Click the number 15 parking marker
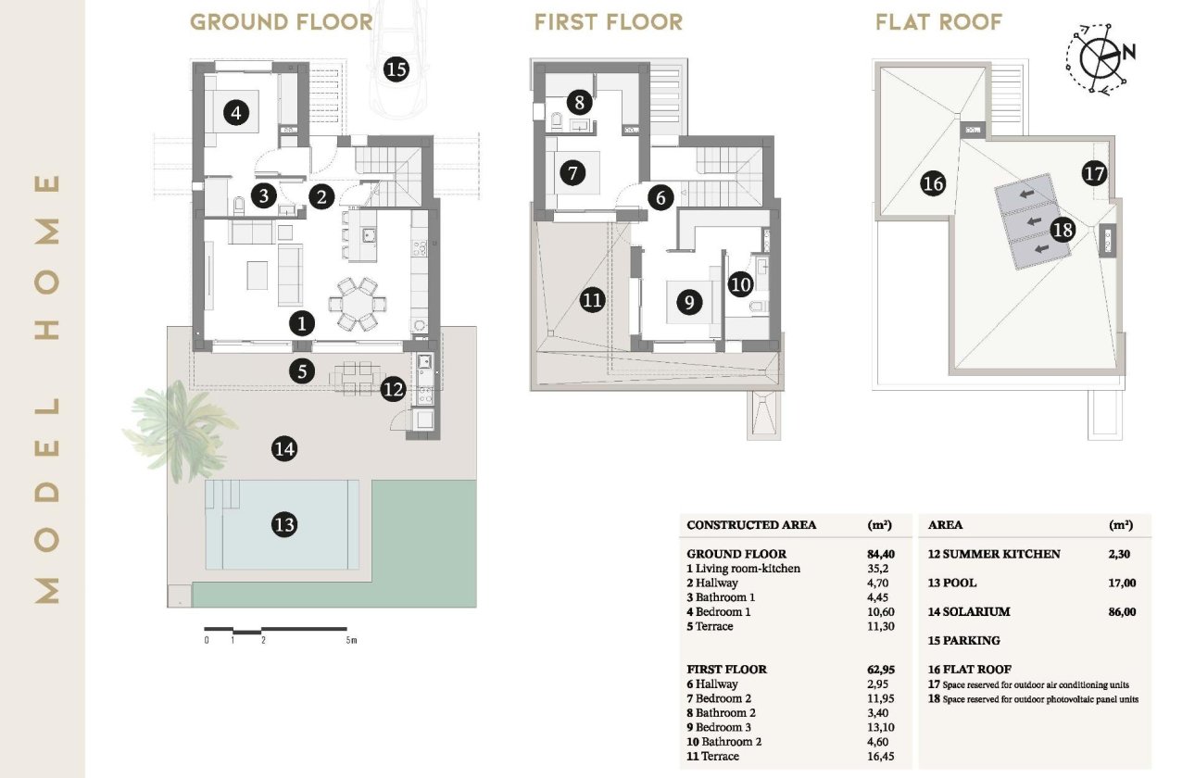(x=396, y=69)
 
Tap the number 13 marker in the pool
(x=285, y=525)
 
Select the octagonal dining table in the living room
(x=356, y=302)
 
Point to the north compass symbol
(x=1101, y=57)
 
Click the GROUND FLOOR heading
(x=282, y=22)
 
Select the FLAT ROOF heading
(x=938, y=22)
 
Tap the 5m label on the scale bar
(x=350, y=641)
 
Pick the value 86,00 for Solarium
(x=1121, y=612)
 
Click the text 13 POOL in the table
(x=952, y=583)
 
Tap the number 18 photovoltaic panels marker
(x=1063, y=230)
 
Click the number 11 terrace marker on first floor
(x=593, y=299)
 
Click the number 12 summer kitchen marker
(x=394, y=390)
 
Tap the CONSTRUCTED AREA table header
(x=751, y=525)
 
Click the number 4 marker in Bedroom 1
(x=237, y=114)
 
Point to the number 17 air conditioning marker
(x=1094, y=172)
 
